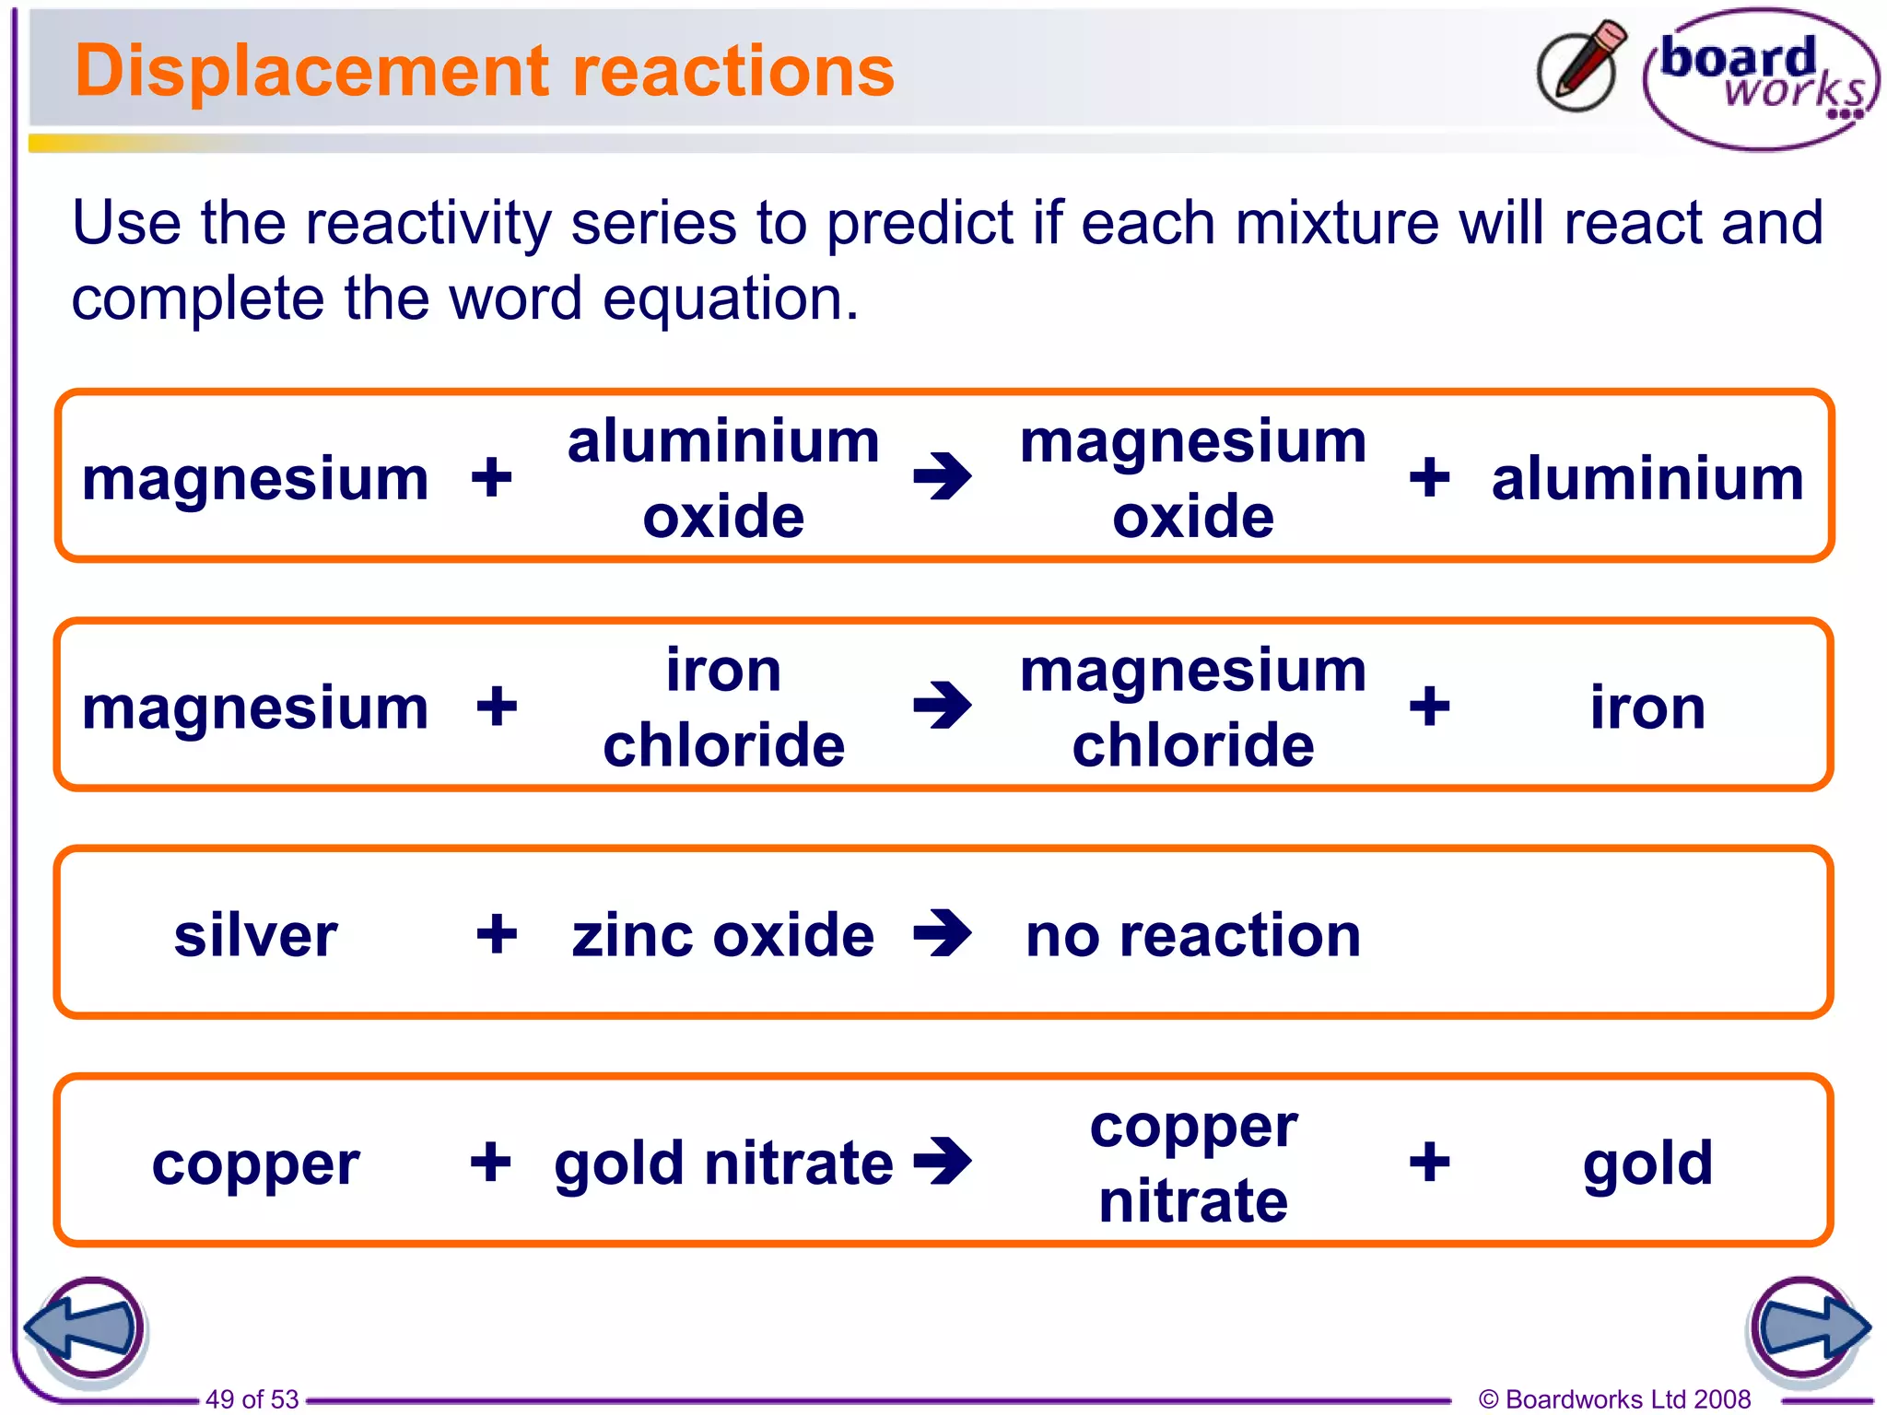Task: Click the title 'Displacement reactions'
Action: coord(484,71)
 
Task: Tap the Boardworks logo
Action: coord(1761,78)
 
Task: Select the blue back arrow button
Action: coord(84,1329)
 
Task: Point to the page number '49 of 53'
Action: coord(252,1399)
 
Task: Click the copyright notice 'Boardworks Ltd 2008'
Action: coord(1614,1399)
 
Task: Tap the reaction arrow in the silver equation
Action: coord(942,933)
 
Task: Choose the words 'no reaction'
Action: coord(1193,936)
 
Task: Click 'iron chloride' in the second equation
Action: coord(723,707)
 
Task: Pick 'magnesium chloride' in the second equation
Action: coord(1193,707)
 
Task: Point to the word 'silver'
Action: coord(255,936)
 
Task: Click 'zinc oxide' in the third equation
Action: coord(722,936)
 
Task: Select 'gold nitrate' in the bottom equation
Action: coord(723,1163)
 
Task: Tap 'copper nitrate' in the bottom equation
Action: coord(1193,1163)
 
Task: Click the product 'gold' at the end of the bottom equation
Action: coord(1647,1163)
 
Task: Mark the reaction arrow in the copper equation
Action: coord(942,1161)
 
